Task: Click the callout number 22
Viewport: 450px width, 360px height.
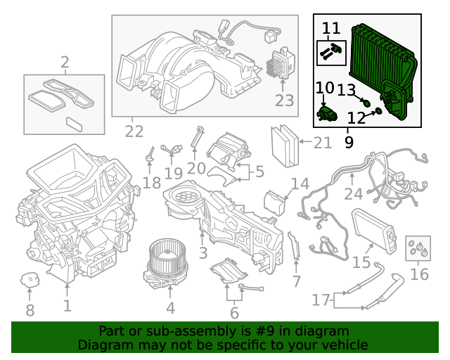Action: click(134, 131)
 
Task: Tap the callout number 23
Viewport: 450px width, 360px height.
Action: click(284, 101)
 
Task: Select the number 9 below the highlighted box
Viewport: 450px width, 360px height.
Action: click(349, 142)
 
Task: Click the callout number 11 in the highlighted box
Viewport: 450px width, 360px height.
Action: click(331, 29)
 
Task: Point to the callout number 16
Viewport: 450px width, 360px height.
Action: click(419, 274)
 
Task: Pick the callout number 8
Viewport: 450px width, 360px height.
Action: click(30, 310)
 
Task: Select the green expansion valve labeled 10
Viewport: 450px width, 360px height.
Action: click(326, 111)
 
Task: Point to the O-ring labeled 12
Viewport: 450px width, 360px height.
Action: click(378, 110)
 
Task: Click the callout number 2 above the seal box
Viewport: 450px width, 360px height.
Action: click(65, 64)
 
